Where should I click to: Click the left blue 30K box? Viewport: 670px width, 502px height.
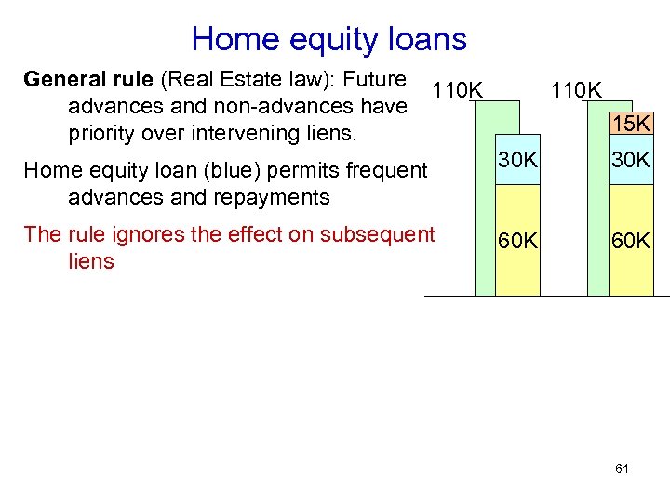coord(516,160)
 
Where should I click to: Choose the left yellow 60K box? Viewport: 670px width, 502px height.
coord(516,241)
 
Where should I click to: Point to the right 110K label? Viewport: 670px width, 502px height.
coord(577,90)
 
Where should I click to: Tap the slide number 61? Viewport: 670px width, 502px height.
coord(622,469)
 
